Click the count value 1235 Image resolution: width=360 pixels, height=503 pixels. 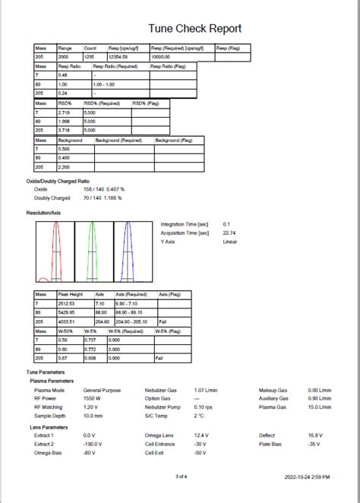[x=90, y=58]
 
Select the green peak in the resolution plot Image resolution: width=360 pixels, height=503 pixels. [x=92, y=251]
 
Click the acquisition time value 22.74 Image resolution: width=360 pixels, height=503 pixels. [x=229, y=233]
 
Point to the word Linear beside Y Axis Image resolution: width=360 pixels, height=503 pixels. [x=230, y=242]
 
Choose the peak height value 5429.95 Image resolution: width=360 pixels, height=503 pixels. [x=68, y=312]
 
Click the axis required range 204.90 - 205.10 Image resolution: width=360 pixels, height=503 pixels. [x=131, y=321]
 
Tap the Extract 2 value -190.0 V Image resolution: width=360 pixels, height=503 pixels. [x=93, y=444]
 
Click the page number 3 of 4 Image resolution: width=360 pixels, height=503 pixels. [x=181, y=476]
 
